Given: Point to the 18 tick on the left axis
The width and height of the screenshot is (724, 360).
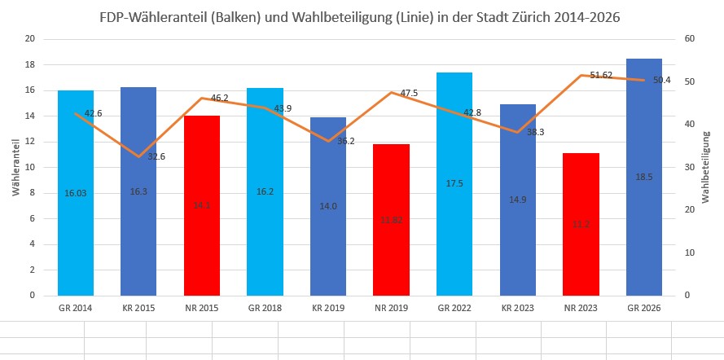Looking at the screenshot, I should coord(30,64).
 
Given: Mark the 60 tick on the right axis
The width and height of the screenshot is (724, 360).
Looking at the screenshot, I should coord(689,39).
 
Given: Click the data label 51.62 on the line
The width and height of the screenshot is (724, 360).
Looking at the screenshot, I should coord(600,75).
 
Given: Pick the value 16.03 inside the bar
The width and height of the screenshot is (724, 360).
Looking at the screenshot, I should coord(76,193).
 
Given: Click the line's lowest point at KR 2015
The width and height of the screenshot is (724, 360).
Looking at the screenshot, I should coord(138,156).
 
